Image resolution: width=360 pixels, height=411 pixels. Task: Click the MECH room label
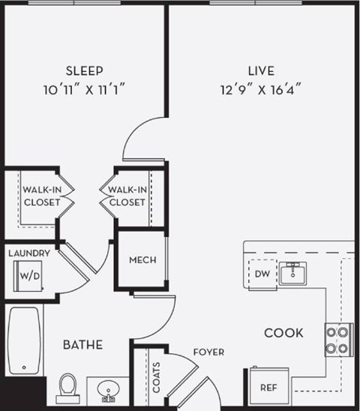pyautogui.click(x=142, y=260)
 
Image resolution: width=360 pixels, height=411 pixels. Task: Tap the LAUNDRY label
pyautogui.click(x=29, y=253)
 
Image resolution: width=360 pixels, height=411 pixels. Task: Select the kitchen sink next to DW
pyautogui.click(x=293, y=274)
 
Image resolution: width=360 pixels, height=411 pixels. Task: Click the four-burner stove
pyautogui.click(x=338, y=338)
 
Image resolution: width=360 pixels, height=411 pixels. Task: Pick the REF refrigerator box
pyautogui.click(x=268, y=387)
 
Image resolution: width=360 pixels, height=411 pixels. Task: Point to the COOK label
pyautogui.click(x=283, y=332)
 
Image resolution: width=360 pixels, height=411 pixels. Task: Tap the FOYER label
pyautogui.click(x=207, y=350)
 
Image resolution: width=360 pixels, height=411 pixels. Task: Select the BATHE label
pyautogui.click(x=82, y=345)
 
